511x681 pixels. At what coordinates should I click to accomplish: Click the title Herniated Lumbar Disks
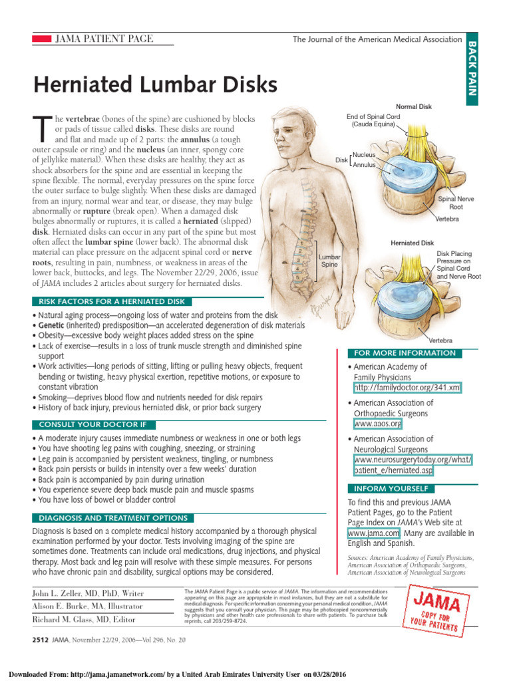pos(155,86)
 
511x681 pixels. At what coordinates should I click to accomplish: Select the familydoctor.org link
pos(408,388)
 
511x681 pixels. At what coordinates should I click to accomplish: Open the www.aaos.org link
pos(378,424)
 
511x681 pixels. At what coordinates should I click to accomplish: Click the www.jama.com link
pos(373,533)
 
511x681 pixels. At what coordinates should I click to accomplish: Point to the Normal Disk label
pos(414,106)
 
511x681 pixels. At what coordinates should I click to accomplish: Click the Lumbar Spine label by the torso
pos(329,260)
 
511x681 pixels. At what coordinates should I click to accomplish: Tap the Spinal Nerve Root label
pos(456,203)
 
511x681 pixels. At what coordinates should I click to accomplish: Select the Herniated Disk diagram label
pos(412,243)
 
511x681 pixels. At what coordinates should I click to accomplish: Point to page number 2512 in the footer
pos(42,640)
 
